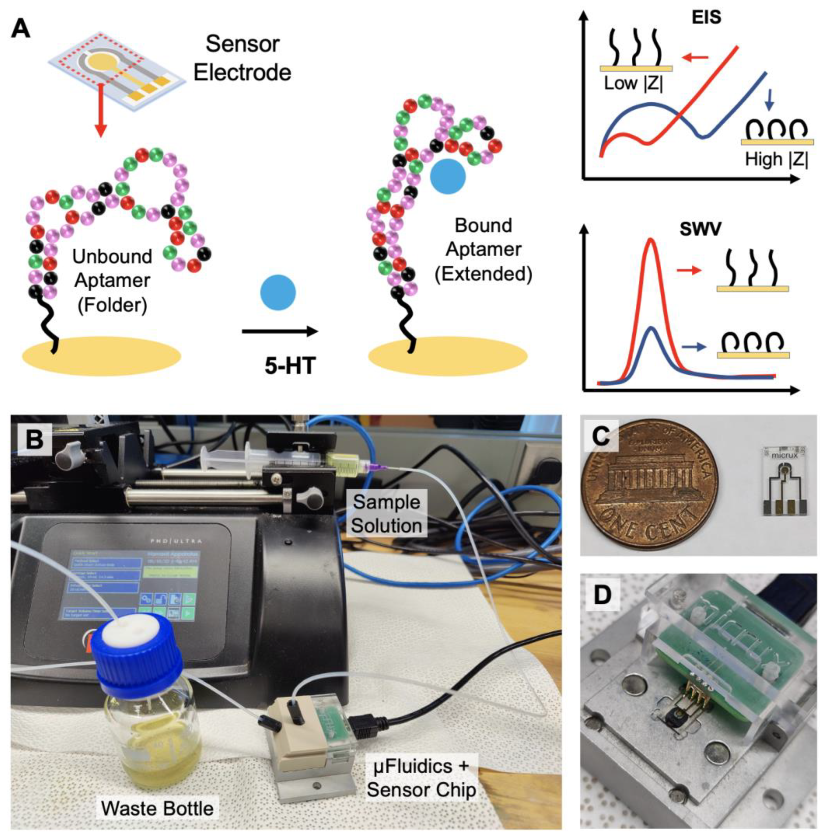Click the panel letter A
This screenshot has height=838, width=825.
20,30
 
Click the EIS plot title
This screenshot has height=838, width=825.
706,17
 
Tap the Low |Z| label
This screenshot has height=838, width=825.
633,83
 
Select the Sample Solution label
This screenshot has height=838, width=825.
386,514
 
